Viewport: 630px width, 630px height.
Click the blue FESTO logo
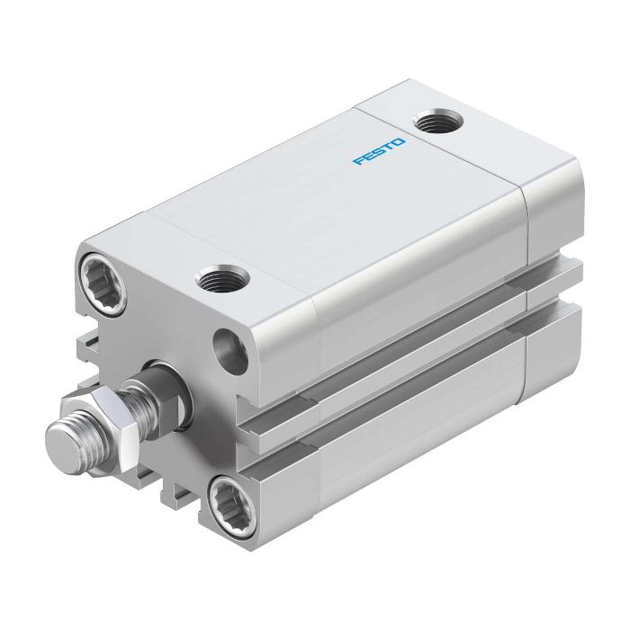click(379, 151)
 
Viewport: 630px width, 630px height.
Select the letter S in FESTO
click(379, 151)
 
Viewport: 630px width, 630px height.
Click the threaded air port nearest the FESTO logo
click(438, 121)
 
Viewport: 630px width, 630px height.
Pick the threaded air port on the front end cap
click(221, 278)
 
